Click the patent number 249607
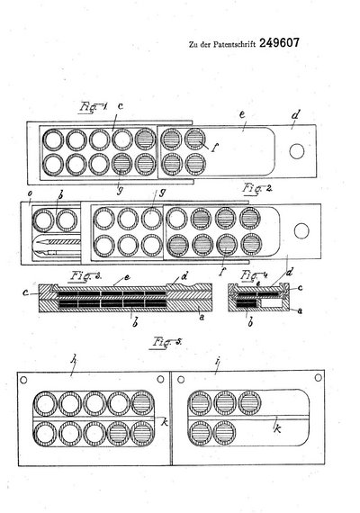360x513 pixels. pos(279,43)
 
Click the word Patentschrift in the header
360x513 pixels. pos(234,44)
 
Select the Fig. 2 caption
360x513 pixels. pos(257,188)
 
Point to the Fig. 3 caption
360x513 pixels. pos(85,275)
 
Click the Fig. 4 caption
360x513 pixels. pos(253,274)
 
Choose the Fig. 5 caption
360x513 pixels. pos(166,342)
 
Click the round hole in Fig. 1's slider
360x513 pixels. pos(297,151)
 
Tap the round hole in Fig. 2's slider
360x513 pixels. pos(301,231)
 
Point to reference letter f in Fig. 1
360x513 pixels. pos(213,148)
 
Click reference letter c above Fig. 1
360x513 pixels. pos(120,106)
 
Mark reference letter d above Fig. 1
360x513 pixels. pos(295,114)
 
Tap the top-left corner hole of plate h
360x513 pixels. pos(23,380)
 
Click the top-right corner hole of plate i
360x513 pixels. pos(318,378)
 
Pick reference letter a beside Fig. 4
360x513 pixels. pos(299,311)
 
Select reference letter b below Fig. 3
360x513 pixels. pos(135,322)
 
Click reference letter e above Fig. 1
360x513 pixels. pos(242,115)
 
